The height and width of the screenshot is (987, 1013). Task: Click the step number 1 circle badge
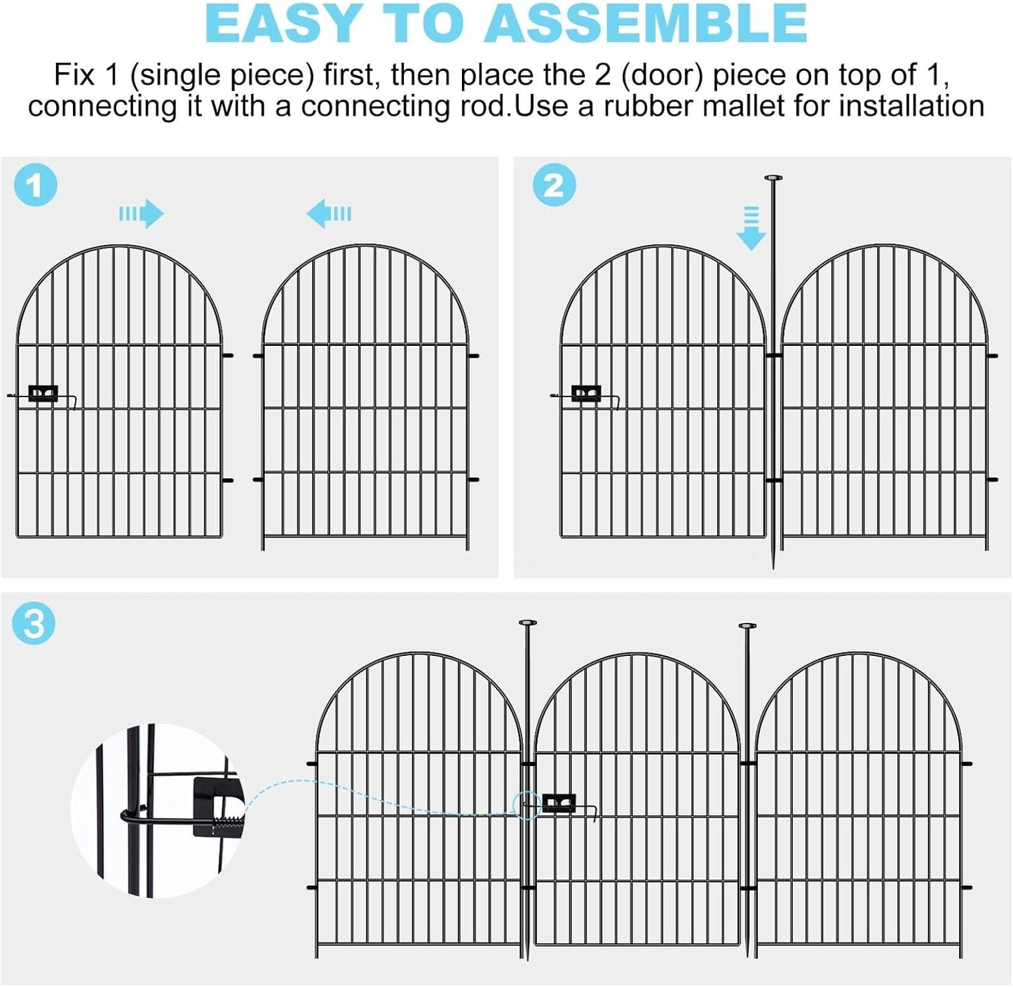pos(35,185)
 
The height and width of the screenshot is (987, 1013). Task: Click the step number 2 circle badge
pos(554,185)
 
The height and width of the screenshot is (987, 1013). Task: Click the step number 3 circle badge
pos(34,623)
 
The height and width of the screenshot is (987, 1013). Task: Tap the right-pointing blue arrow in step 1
pos(142,213)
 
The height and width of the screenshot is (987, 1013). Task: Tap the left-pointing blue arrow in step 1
pos(329,213)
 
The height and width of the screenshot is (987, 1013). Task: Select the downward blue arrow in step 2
pos(751,228)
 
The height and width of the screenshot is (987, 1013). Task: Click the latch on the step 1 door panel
pos(43,394)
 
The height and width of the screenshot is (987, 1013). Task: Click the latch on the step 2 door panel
pos(586,394)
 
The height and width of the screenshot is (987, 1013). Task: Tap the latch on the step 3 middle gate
pos(559,802)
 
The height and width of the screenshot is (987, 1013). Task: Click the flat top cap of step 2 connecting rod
pos(773,178)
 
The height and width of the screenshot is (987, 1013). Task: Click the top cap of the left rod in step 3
pos(527,622)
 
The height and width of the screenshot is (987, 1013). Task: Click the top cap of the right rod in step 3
pos(747,625)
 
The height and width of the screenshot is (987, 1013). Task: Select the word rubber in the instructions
pos(639,107)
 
